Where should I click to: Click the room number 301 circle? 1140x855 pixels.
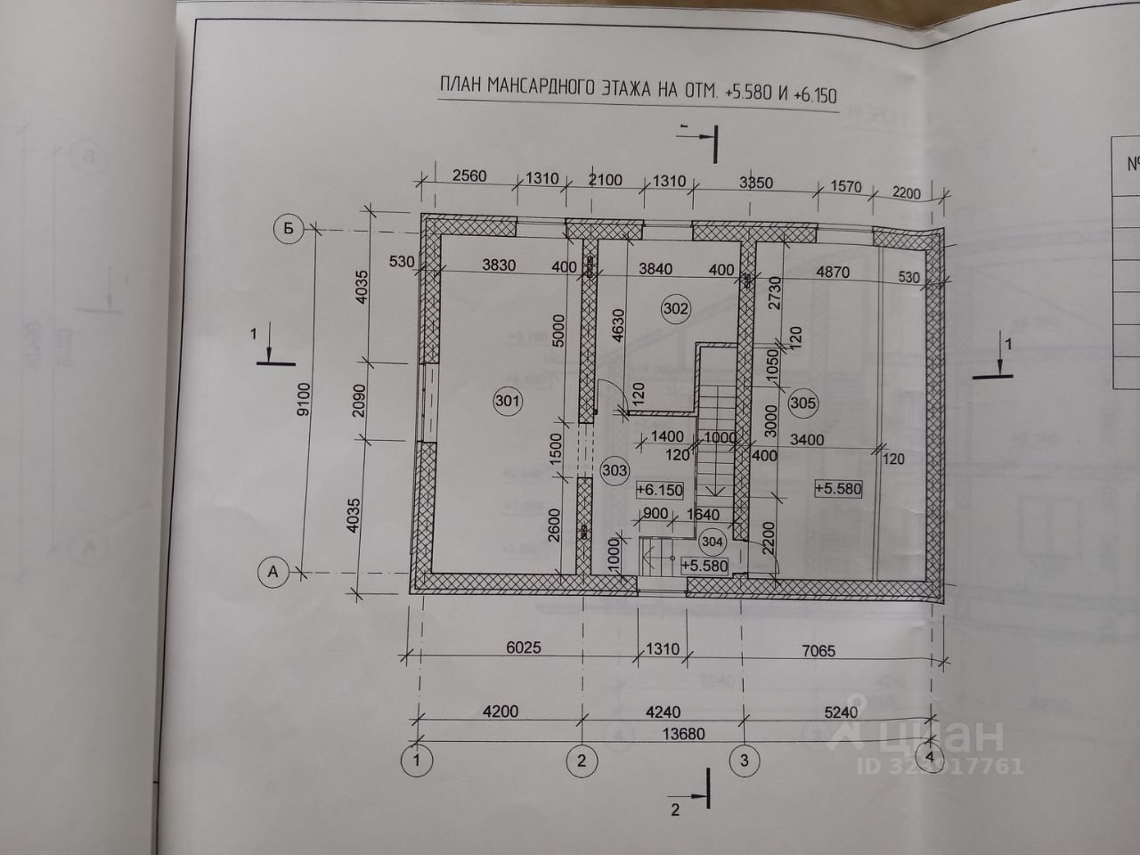[507, 402]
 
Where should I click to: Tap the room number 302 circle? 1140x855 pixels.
[674, 309]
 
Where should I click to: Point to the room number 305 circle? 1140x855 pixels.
[802, 403]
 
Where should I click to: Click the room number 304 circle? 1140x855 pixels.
[712, 541]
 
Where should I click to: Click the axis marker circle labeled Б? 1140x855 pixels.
[287, 230]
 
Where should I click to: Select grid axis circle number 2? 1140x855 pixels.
[581, 760]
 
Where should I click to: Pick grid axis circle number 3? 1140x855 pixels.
[745, 760]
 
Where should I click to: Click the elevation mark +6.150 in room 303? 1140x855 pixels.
[659, 490]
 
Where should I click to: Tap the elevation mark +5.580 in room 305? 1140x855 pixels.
[838, 488]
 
